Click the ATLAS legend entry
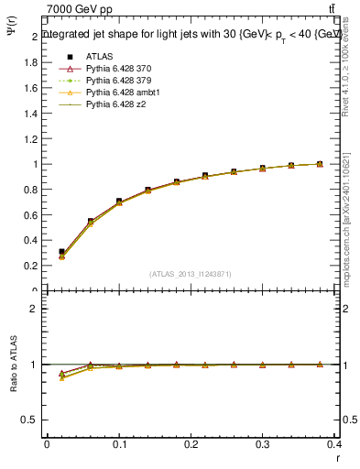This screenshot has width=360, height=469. [100, 56]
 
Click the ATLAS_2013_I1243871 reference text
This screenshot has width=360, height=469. [191, 274]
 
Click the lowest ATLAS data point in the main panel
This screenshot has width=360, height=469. [61, 251]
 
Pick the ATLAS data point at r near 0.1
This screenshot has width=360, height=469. [119, 201]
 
